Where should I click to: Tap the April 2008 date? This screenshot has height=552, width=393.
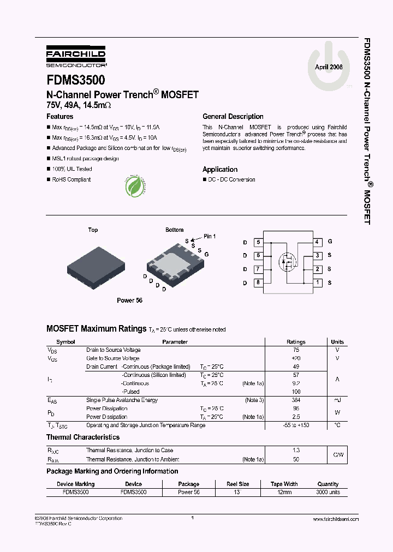click(x=329, y=68)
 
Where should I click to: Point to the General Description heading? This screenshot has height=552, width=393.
click(x=233, y=117)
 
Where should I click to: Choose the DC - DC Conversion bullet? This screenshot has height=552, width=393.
click(x=231, y=180)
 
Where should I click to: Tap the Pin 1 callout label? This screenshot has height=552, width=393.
click(x=210, y=236)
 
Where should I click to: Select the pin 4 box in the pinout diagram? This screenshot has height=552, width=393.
click(x=317, y=242)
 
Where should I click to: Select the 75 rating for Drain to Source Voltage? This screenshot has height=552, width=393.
click(x=296, y=350)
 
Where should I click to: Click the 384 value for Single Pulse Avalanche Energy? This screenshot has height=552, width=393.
click(x=296, y=400)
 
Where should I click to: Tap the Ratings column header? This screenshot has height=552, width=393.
click(x=296, y=342)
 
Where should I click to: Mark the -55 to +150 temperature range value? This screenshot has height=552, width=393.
click(x=296, y=425)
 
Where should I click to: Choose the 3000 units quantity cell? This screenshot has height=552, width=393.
click(x=327, y=492)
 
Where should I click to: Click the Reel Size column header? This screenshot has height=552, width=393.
click(x=238, y=484)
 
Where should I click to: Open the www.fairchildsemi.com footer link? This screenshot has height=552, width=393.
click(x=336, y=519)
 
